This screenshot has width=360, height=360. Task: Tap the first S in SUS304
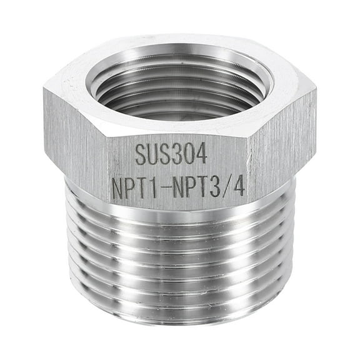[x=142, y=154]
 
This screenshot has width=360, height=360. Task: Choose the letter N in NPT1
[x=117, y=188]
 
